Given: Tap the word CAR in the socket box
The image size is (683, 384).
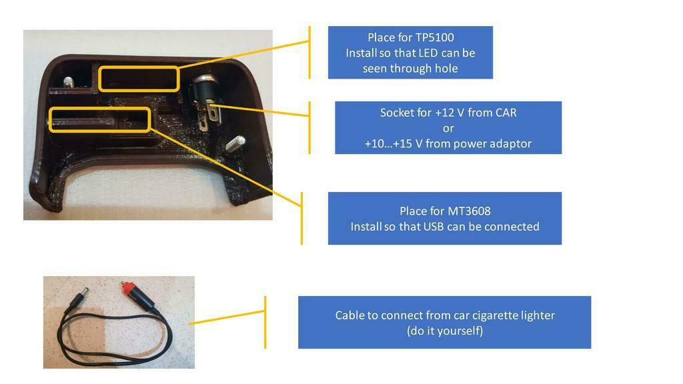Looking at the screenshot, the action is (506, 113).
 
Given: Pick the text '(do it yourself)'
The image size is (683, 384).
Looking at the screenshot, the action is (445, 331).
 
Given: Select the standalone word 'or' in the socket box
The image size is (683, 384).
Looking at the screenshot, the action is (448, 129).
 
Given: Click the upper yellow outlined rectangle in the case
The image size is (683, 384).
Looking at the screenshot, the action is (139, 79).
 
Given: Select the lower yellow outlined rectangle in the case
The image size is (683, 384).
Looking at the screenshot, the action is (100, 119).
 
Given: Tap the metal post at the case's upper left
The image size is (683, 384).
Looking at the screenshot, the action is (68, 82).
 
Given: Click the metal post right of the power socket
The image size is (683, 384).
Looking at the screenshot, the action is (235, 143).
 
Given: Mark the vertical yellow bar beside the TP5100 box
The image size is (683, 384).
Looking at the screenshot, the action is (309, 52).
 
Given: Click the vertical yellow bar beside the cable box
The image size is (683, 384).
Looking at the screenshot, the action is (265, 322).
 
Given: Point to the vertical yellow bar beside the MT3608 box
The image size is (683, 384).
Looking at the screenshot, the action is (301, 218).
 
